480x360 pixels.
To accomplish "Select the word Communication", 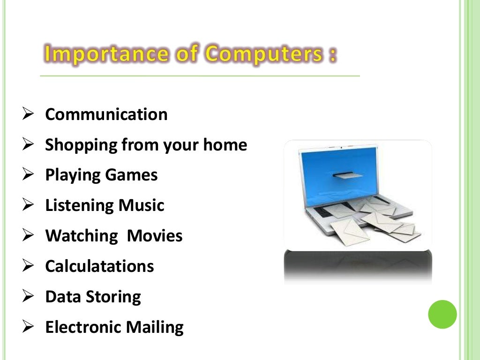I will point(106,114).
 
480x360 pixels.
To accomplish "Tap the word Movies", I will point(155,236).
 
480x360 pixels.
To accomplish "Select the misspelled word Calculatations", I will point(99,266).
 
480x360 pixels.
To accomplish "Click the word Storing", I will point(117,297).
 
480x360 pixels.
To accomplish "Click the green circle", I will point(442,314).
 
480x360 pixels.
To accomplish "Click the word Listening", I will point(79,205).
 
